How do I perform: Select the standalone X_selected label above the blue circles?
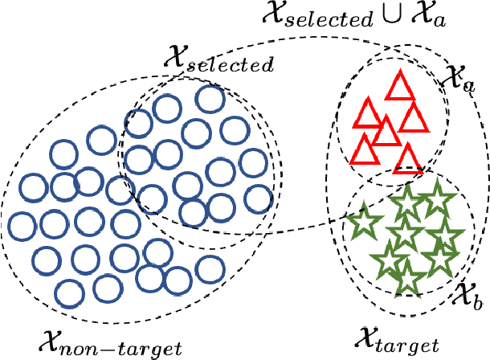pyautogui.click(x=217, y=58)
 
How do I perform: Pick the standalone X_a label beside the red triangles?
pyautogui.click(x=456, y=79)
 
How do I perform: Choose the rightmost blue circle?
pyautogui.click(x=259, y=198)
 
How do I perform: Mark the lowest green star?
pyautogui.click(x=410, y=279)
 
